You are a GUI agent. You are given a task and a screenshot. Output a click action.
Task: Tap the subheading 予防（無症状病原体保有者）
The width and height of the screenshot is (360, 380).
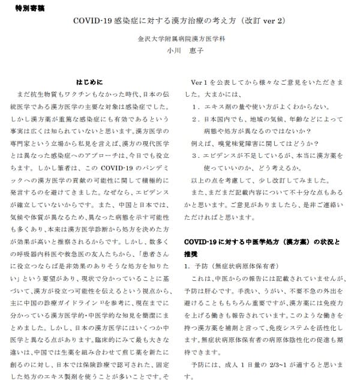[240, 265]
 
